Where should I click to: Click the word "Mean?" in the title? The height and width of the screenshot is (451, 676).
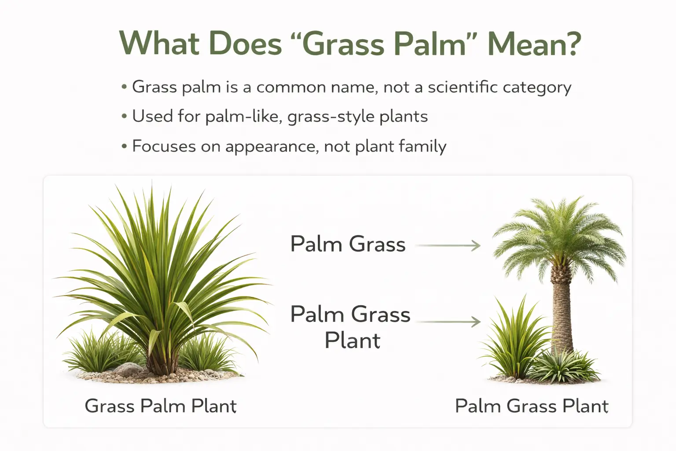tap(534, 44)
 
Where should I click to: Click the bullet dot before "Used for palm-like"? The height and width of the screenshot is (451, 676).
tap(124, 117)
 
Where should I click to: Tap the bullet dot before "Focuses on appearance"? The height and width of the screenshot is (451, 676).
tap(124, 146)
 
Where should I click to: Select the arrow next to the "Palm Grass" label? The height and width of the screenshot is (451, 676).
tap(448, 245)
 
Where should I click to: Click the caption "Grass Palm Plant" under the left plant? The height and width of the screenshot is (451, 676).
tap(161, 406)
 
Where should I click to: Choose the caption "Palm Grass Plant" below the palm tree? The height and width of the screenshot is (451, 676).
tap(532, 406)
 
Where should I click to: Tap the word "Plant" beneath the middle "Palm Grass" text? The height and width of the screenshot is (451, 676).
tap(352, 340)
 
